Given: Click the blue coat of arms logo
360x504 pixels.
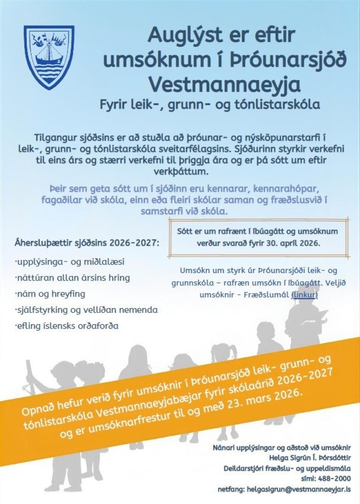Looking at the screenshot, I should [49, 57].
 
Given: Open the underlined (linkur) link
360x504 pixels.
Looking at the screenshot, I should [304, 295].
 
